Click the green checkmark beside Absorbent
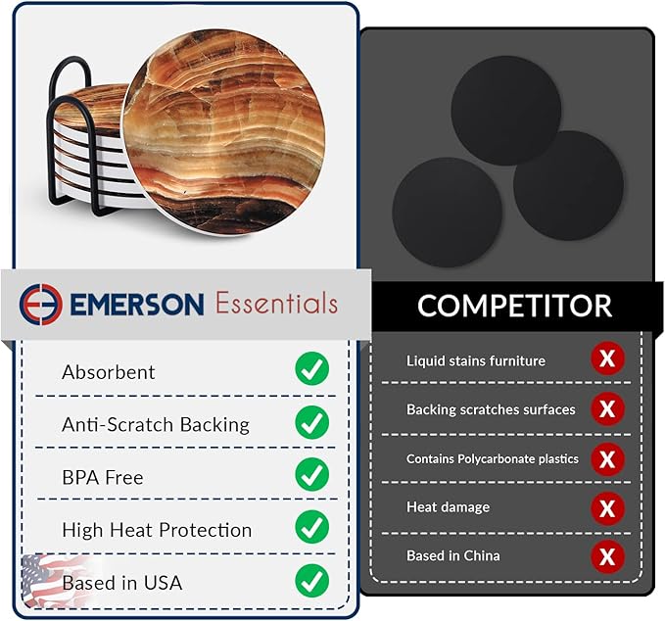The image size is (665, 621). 311,370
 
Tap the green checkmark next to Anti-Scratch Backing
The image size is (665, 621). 311,423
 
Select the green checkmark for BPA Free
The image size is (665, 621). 311,476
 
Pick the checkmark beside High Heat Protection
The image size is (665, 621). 311,529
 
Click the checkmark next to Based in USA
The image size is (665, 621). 311,581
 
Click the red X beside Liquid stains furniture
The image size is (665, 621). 607,359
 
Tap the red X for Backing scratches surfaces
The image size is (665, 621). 607,408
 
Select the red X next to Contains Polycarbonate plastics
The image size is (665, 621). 607,457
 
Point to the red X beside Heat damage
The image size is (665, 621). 607,507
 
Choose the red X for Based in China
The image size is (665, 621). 607,556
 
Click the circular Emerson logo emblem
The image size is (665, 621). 40,304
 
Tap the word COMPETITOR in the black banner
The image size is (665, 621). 514,305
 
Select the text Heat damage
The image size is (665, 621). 448,507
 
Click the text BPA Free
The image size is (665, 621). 102,478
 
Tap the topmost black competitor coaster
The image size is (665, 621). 505,110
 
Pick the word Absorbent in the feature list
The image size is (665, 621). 108,372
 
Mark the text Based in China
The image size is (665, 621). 452,556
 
